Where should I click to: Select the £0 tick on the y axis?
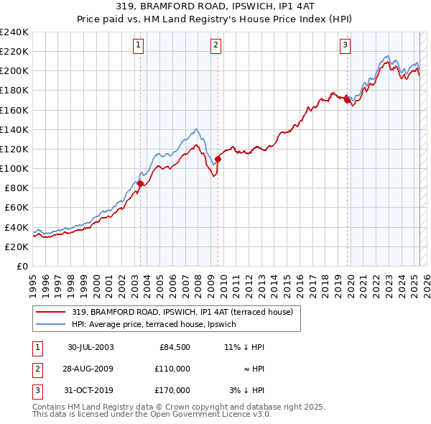click(x=22, y=266)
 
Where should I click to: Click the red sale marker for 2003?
click(x=140, y=184)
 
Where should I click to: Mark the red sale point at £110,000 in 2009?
click(x=218, y=159)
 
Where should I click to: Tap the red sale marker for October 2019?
click(x=347, y=101)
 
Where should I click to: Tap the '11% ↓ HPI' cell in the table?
click(x=244, y=347)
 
